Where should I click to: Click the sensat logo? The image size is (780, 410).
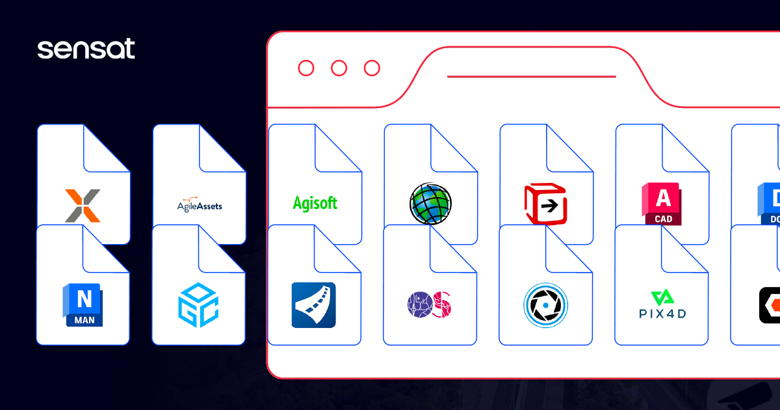tap(86, 49)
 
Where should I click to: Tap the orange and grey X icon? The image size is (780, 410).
tap(83, 206)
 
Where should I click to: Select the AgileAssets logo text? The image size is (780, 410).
tap(200, 206)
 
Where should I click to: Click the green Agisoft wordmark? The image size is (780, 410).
tap(315, 203)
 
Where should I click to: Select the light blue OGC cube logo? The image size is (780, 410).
tap(198, 305)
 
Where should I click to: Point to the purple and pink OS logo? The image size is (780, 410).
tap(430, 305)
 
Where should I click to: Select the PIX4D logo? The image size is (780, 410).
tap(661, 305)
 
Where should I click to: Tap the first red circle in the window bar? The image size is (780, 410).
tap(305, 68)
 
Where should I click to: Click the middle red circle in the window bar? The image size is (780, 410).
tap(339, 68)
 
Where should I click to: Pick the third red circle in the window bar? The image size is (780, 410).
tap(372, 68)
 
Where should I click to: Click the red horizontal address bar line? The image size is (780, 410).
tap(531, 77)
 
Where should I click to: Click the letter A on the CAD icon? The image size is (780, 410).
tap(664, 197)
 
